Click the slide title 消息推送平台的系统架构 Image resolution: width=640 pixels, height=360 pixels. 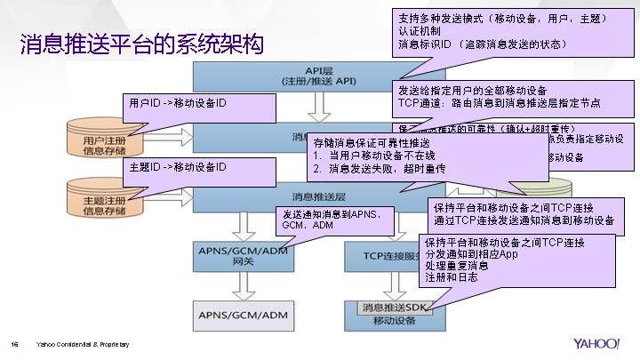[142, 44]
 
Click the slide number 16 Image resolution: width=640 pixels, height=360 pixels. [14, 345]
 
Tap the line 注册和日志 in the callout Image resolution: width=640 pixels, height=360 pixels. [452, 277]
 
